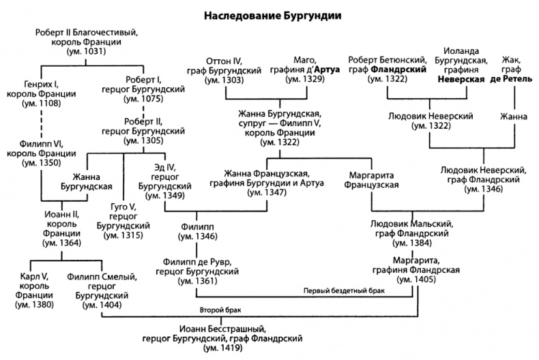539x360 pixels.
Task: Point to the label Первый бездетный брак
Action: pos(345,292)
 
